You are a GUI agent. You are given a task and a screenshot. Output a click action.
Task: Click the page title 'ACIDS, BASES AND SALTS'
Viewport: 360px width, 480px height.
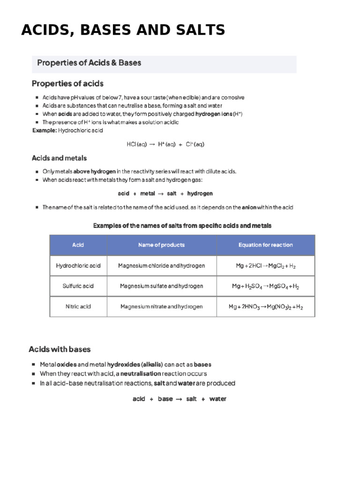(x=123, y=30)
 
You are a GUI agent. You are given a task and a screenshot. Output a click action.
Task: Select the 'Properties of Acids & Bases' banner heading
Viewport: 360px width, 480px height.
(x=89, y=63)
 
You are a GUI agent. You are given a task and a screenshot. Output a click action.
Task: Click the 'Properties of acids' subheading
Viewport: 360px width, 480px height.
(x=67, y=83)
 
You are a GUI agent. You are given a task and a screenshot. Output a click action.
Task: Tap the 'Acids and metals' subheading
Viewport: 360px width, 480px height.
(x=59, y=158)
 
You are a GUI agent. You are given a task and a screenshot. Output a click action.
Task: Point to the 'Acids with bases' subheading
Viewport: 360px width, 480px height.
(x=60, y=349)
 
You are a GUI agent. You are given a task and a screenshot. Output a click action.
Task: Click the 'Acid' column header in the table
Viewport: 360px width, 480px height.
(x=78, y=245)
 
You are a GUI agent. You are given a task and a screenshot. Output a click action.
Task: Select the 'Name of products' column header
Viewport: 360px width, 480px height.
(x=161, y=245)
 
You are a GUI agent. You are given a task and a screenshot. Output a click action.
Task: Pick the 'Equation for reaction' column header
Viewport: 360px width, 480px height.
(x=265, y=245)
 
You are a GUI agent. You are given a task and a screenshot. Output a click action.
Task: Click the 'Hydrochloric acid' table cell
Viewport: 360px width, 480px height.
(x=78, y=266)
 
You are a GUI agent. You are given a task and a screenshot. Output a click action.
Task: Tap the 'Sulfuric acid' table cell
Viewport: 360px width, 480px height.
(x=78, y=286)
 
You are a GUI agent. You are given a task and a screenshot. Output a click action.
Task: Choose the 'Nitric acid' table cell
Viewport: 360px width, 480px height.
(x=78, y=307)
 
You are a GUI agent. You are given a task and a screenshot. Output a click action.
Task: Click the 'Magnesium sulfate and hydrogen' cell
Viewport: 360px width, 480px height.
(x=161, y=286)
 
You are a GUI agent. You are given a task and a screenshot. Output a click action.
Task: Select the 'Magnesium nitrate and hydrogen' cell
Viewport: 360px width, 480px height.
(x=161, y=307)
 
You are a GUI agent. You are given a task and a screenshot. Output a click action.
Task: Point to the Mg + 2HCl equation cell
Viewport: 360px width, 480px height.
(x=266, y=266)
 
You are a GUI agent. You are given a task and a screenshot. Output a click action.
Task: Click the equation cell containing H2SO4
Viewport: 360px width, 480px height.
(x=266, y=286)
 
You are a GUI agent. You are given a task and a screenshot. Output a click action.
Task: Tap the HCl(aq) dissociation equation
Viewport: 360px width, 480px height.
(x=165, y=144)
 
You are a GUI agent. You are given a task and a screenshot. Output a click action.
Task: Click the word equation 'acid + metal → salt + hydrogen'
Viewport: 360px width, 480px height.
(x=165, y=193)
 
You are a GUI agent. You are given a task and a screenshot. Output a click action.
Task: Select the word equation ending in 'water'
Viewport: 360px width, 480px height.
(x=179, y=399)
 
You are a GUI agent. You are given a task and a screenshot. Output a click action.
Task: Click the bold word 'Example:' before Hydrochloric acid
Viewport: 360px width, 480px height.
(x=44, y=130)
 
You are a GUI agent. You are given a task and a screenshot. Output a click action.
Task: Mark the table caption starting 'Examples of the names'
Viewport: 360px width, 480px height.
(x=182, y=225)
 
